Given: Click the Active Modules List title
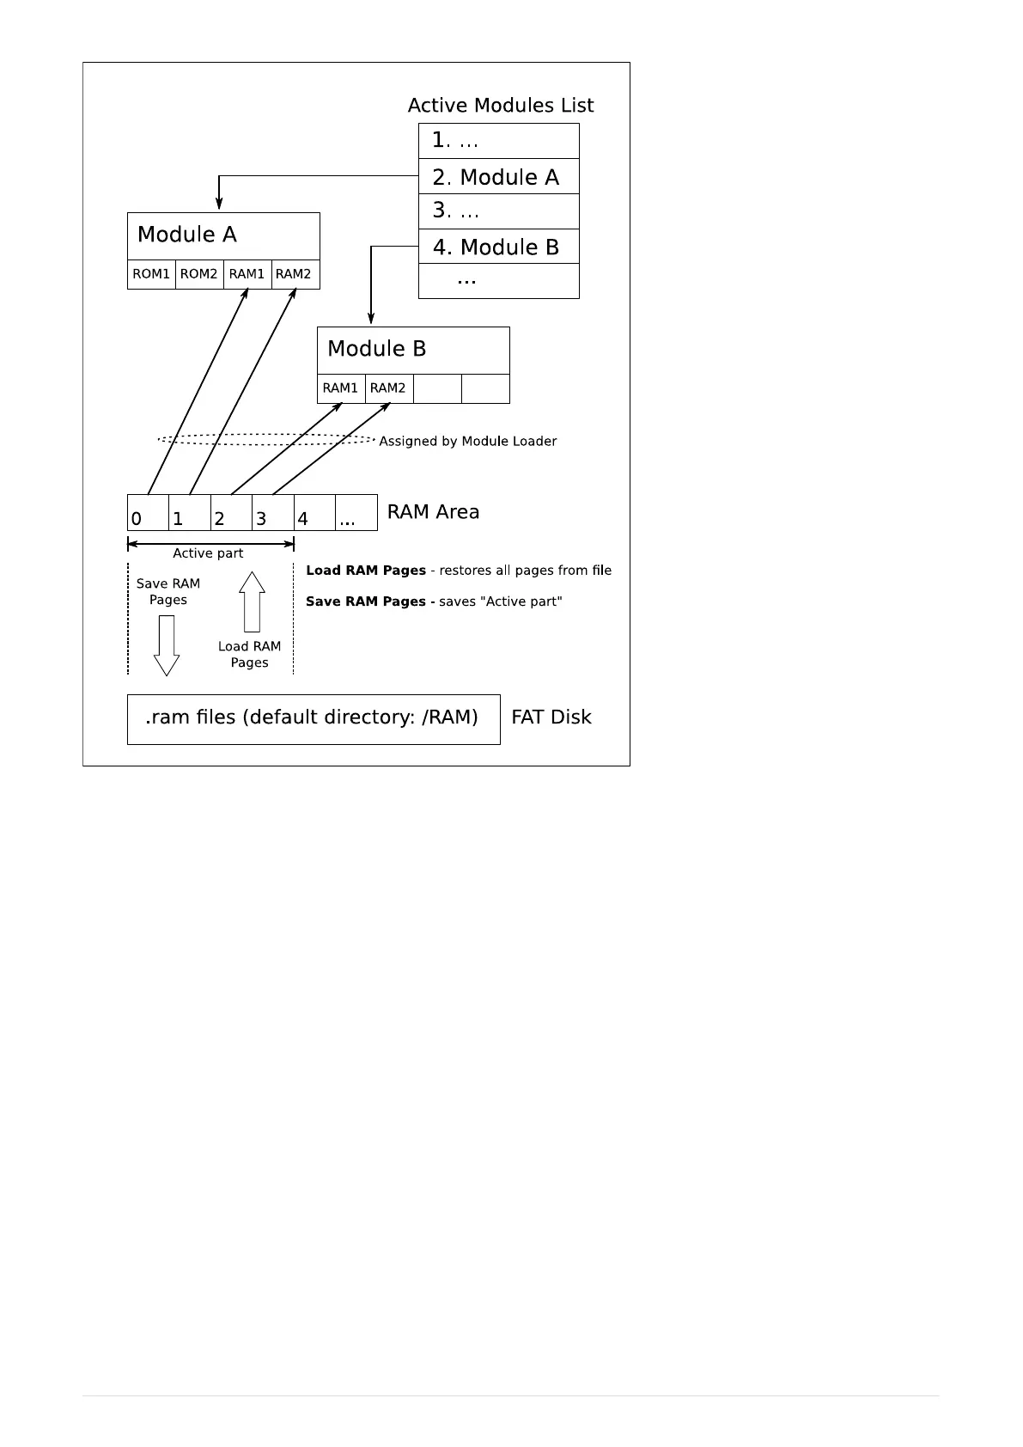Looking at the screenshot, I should [500, 106].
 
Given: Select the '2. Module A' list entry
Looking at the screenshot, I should [498, 177].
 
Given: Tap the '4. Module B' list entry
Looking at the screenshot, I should [498, 247].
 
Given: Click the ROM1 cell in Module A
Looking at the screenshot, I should [151, 274].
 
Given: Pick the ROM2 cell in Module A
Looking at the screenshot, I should [199, 274].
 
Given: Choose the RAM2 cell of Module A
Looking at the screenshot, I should [295, 274].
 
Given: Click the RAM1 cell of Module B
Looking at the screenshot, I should [340, 388].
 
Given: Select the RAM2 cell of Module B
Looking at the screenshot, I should [388, 388].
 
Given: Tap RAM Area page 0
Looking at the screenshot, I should [148, 513].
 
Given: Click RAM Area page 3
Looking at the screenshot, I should [273, 513].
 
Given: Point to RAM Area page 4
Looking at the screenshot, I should [314, 513].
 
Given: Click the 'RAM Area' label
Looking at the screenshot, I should [433, 512].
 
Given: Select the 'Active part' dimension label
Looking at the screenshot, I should [208, 553].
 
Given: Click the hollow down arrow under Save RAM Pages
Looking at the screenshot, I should [167, 645].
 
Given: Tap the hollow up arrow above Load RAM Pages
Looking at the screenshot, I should [252, 601].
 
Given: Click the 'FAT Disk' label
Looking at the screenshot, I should [551, 717].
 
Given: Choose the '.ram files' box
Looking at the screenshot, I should [314, 718].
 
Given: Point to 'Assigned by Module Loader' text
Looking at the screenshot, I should [467, 442].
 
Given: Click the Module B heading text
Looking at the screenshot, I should [376, 349].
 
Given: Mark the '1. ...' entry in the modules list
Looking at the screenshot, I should [498, 141].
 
